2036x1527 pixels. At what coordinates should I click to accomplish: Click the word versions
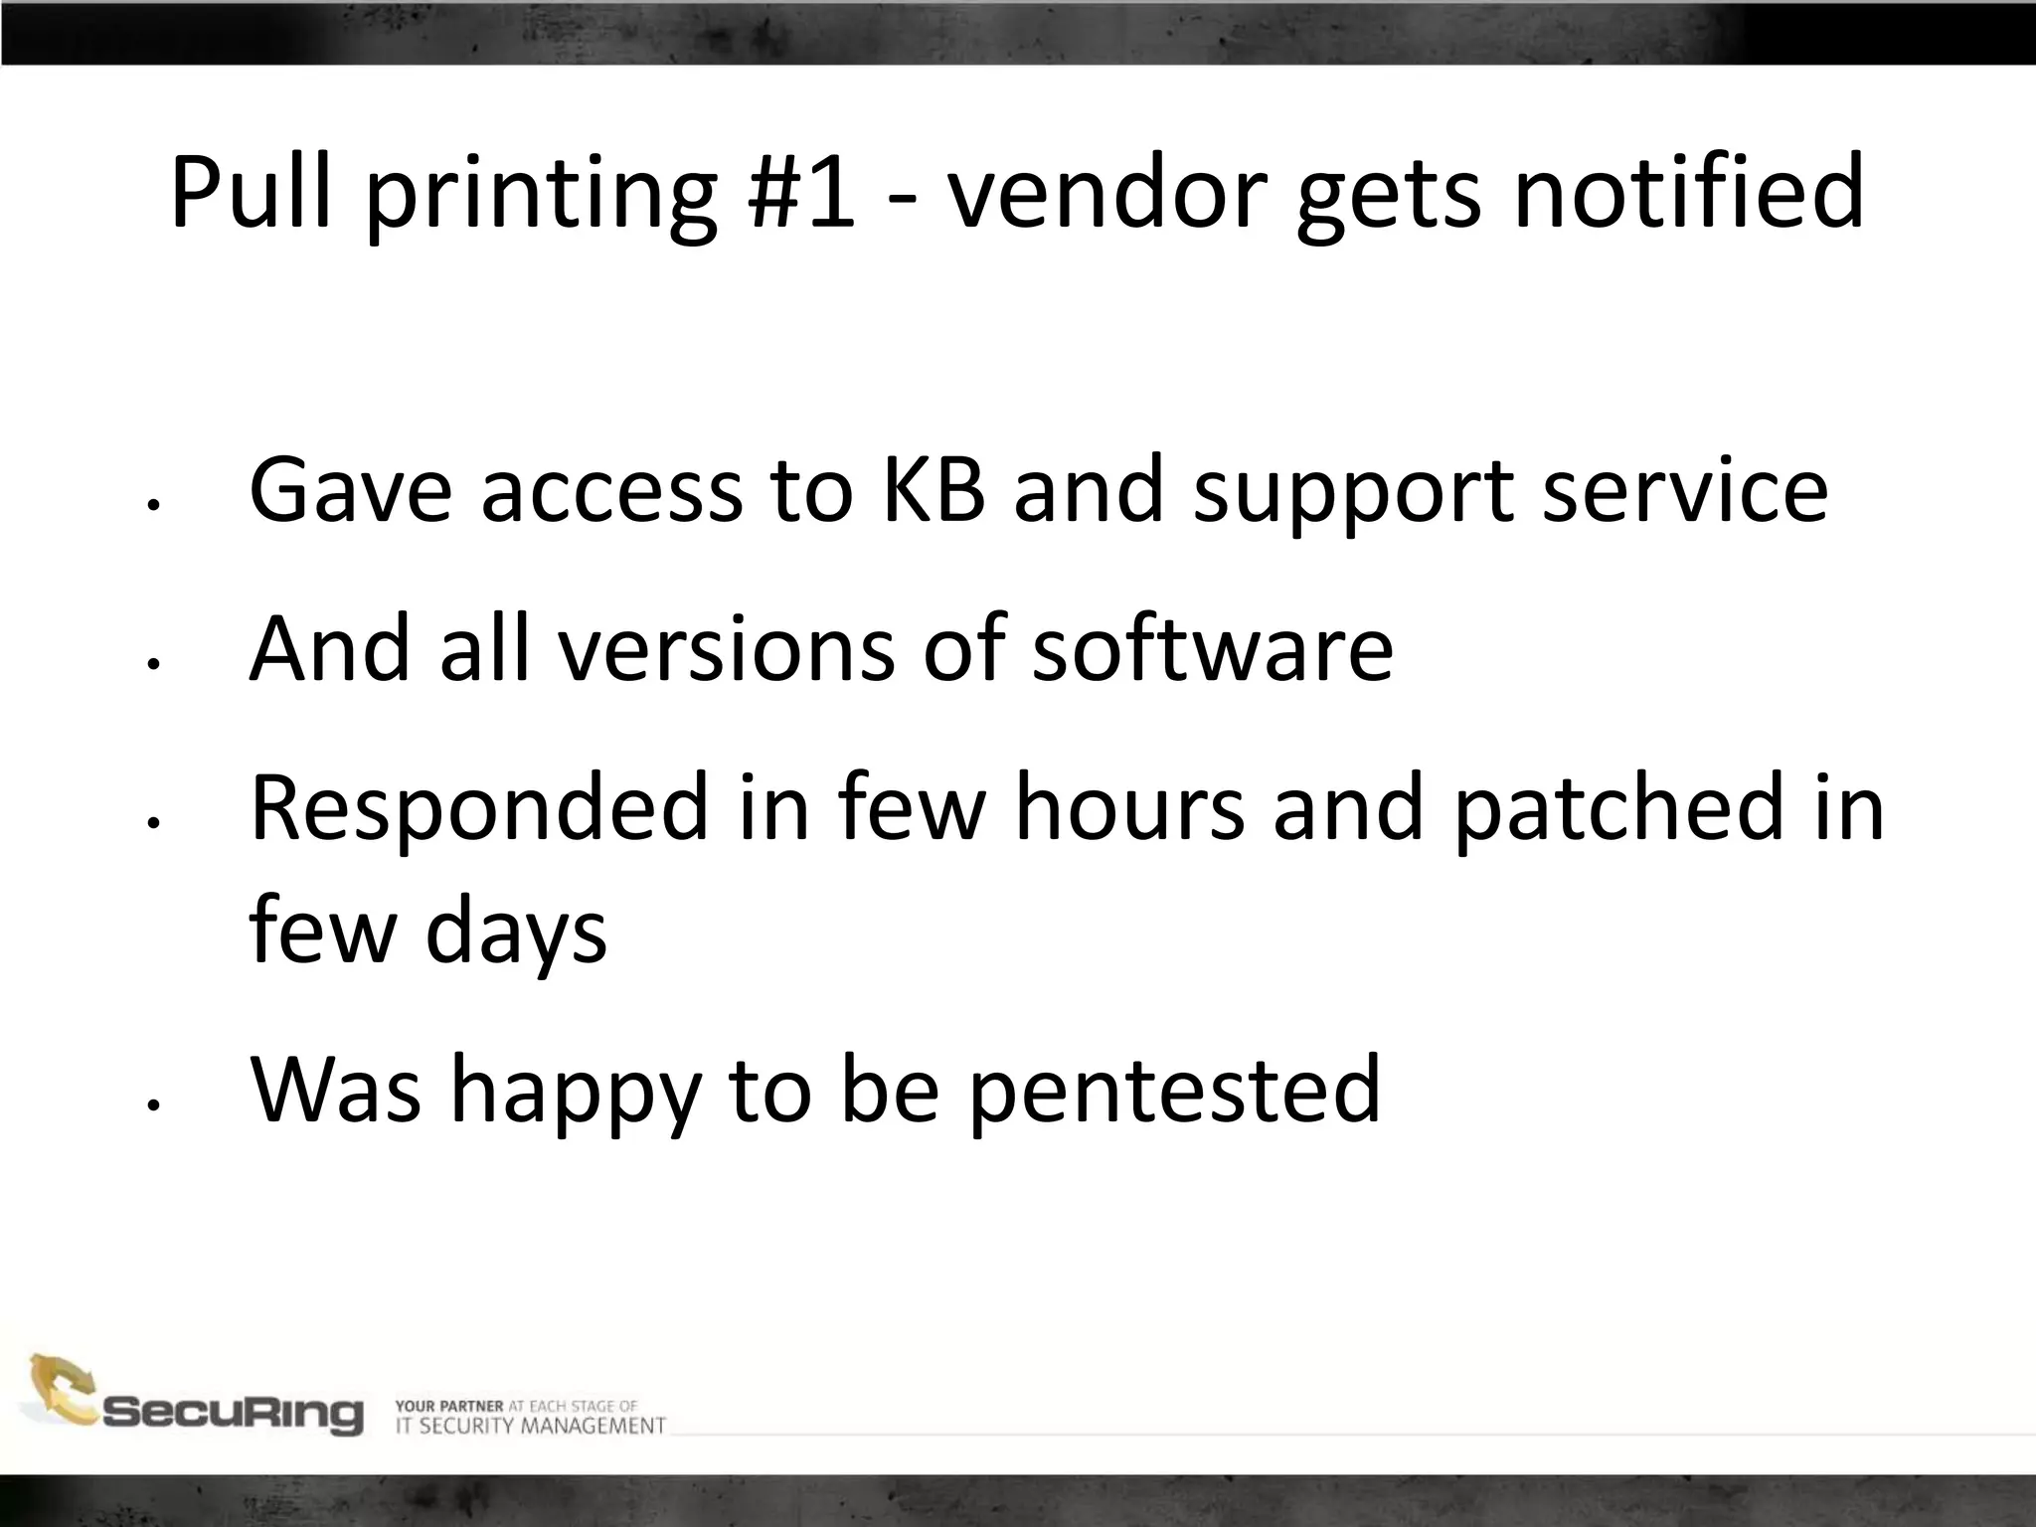tap(726, 648)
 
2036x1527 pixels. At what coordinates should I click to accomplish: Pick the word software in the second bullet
tap(1212, 648)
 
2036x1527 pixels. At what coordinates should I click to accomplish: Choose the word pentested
tap(1174, 1091)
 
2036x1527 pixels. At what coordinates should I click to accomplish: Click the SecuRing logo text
tap(234, 1414)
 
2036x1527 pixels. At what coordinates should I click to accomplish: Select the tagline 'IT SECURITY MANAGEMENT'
tap(530, 1427)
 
